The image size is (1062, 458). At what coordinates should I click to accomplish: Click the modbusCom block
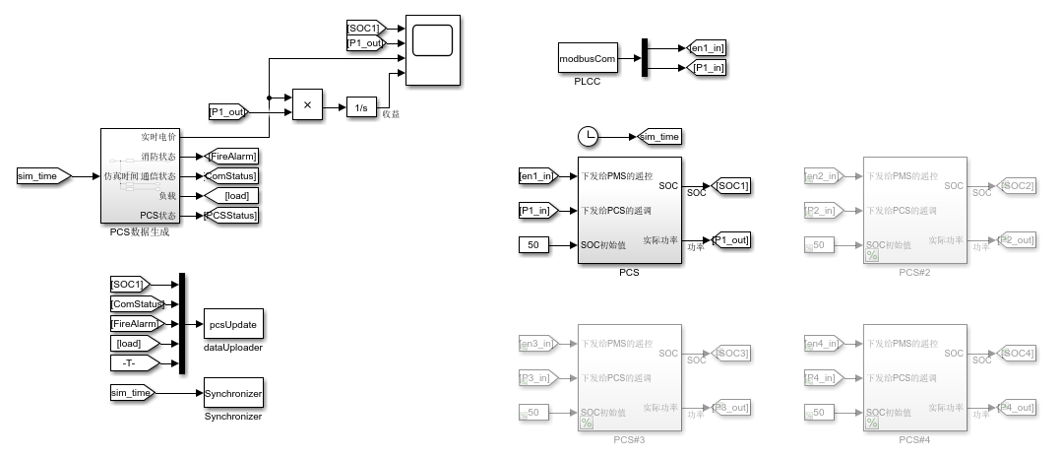pyautogui.click(x=588, y=59)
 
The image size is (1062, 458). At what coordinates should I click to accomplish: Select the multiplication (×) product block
pyautogui.click(x=306, y=104)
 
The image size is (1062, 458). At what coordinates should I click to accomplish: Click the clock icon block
pyautogui.click(x=588, y=136)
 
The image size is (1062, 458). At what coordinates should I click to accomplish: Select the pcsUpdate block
pyautogui.click(x=233, y=323)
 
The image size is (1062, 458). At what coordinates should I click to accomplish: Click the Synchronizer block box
pyautogui.click(x=233, y=393)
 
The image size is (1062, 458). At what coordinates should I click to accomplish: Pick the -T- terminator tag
pyautogui.click(x=130, y=362)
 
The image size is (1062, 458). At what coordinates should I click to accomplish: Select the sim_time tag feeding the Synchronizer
pyautogui.click(x=133, y=393)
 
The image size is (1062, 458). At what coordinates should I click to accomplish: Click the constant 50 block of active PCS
pyautogui.click(x=533, y=244)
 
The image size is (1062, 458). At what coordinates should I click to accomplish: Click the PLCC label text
pyautogui.click(x=588, y=82)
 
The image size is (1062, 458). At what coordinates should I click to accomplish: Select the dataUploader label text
pyautogui.click(x=233, y=348)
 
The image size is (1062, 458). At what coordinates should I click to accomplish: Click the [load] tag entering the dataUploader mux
pyautogui.click(x=130, y=343)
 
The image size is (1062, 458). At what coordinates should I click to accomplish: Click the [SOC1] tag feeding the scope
pyautogui.click(x=363, y=27)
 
